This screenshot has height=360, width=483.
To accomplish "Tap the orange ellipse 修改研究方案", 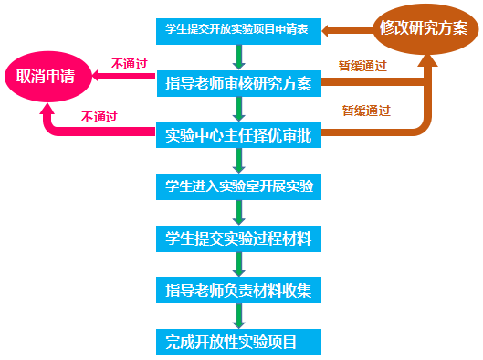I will [x=422, y=28].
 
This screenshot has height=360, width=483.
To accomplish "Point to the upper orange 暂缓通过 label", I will [x=362, y=67].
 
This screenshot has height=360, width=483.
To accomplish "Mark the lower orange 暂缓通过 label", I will [x=366, y=111].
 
